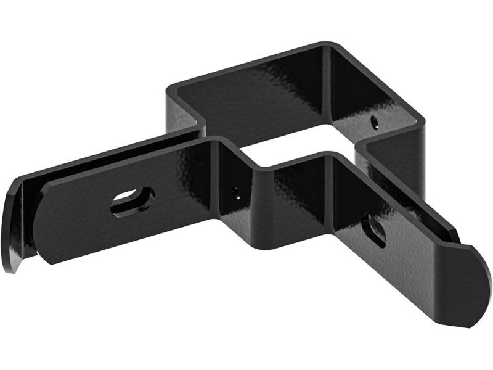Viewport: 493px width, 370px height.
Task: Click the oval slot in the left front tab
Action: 132,201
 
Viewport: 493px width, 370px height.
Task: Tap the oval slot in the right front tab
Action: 374,229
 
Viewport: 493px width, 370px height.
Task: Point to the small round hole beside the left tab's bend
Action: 235,193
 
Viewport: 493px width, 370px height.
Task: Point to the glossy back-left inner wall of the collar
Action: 246,92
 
